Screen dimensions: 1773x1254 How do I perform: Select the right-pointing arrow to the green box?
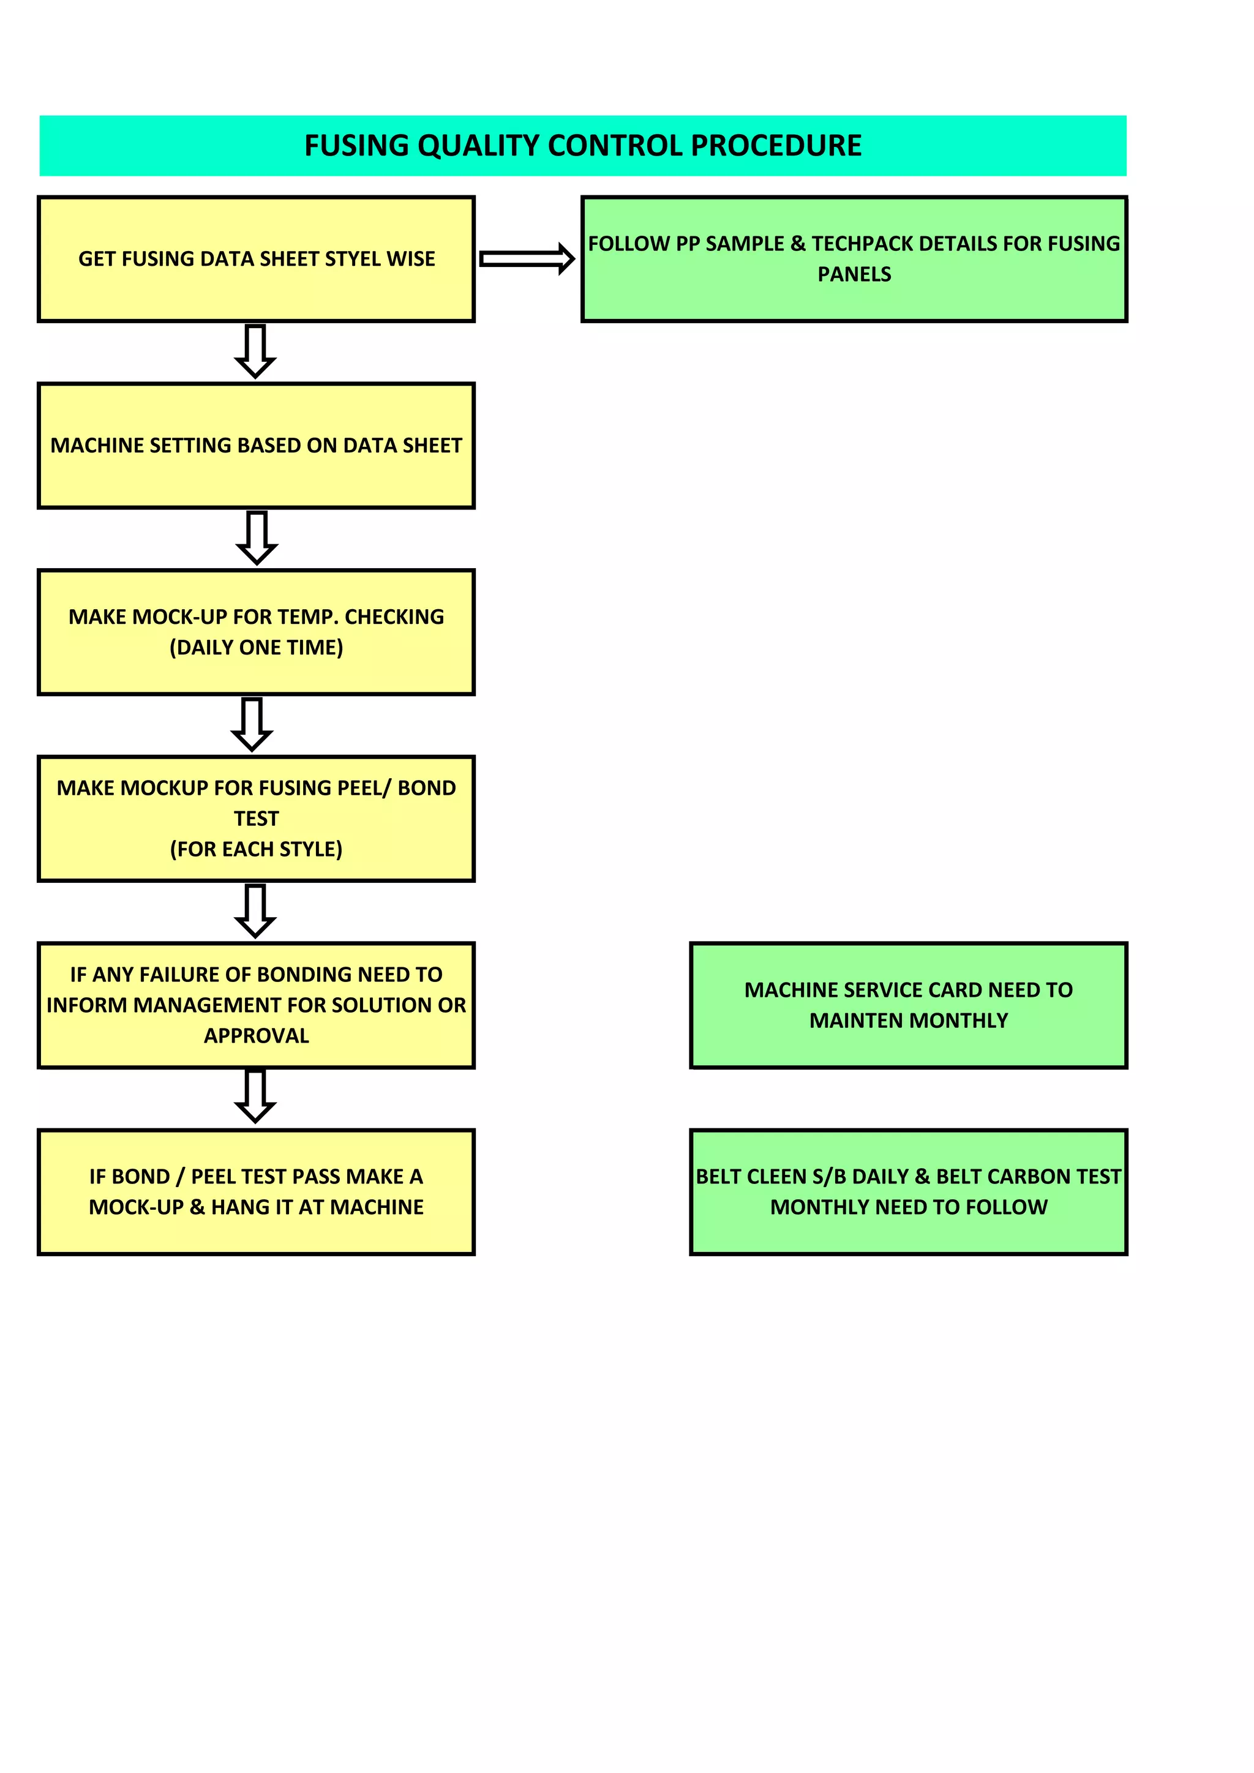click(x=527, y=259)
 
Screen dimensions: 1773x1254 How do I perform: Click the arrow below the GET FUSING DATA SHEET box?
click(x=255, y=351)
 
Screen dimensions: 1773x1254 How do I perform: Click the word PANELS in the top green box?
click(x=854, y=274)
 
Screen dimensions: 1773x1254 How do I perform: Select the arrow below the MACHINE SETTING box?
click(x=257, y=538)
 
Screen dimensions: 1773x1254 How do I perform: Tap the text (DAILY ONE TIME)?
click(x=257, y=647)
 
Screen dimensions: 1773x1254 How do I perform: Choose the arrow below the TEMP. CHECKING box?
click(x=252, y=724)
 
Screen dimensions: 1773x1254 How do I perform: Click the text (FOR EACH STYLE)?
click(x=257, y=849)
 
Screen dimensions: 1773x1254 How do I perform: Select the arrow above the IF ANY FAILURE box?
click(x=255, y=911)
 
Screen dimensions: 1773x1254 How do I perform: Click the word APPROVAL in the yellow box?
click(x=257, y=1035)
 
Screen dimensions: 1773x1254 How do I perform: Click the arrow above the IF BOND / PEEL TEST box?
click(x=255, y=1096)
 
